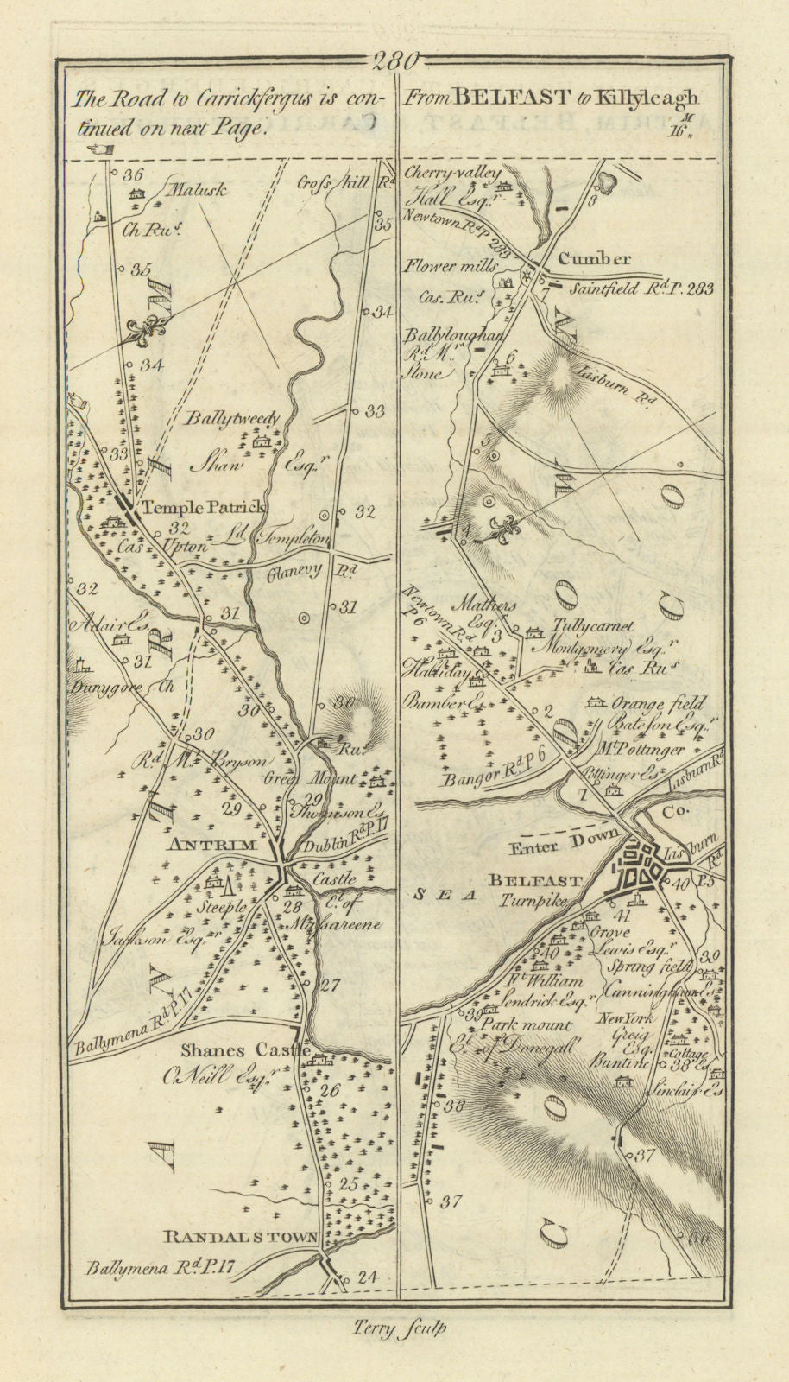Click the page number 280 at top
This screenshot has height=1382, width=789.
point(394,60)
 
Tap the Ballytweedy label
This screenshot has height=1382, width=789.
point(233,420)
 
